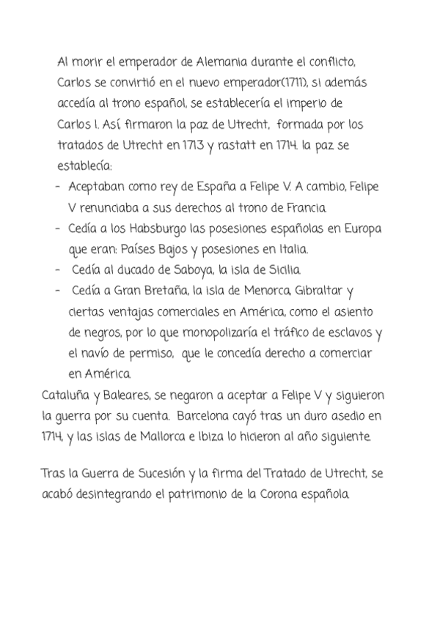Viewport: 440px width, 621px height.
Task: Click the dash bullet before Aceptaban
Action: [x=58, y=187]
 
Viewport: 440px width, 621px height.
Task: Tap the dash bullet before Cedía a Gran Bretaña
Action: [x=58, y=291]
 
